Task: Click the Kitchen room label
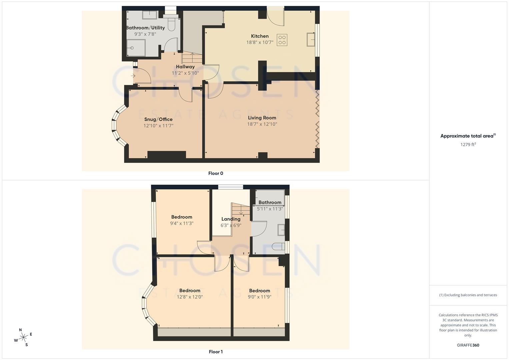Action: coord(260,36)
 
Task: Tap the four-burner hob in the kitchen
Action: coord(282,40)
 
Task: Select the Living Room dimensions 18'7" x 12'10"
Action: coord(262,124)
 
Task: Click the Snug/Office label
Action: coord(158,119)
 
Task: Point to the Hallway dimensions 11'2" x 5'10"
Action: coord(185,73)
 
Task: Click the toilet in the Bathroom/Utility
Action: coord(171,23)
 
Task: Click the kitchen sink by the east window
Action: coord(311,40)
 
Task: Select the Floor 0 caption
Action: coord(216,173)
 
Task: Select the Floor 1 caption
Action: coord(216,352)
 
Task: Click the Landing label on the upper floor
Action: coord(231,219)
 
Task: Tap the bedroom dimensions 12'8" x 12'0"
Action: coord(190,297)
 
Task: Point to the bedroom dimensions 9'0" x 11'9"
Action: coord(259,297)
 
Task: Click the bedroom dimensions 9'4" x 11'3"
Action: coord(182,224)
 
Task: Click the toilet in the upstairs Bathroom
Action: coord(278,247)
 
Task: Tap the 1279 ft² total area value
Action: coord(468,145)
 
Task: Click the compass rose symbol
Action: coord(23,337)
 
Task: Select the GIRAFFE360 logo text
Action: coord(468,345)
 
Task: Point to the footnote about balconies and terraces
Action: coord(468,295)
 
